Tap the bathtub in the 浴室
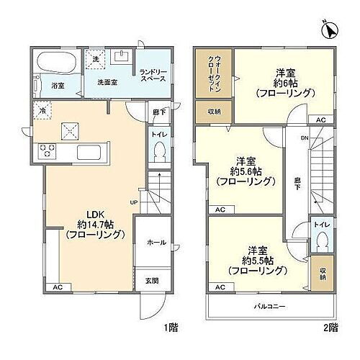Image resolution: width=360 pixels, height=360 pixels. (53, 63)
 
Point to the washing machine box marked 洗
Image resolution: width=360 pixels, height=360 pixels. (94, 58)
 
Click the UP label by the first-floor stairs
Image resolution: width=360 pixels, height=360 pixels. (134, 202)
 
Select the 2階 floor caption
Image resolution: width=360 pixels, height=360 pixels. (330, 328)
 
